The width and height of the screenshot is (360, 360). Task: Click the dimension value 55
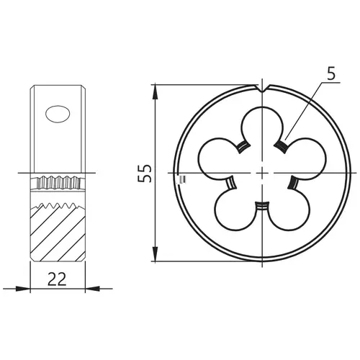[x=145, y=174]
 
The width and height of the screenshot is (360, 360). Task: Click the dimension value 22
[x=57, y=279]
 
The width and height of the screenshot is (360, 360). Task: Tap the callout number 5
[x=331, y=73]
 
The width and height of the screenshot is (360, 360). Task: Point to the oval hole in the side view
[x=58, y=114]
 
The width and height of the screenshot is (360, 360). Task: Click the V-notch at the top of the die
[x=263, y=89]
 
